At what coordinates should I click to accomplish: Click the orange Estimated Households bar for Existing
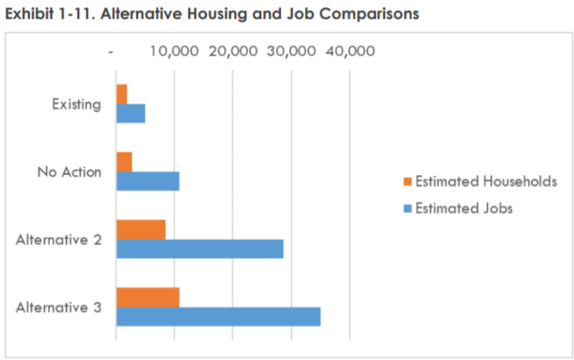click(122, 94)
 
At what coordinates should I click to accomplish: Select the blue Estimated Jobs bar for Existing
click(131, 113)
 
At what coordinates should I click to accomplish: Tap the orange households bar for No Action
click(124, 162)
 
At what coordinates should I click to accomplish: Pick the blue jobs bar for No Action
click(148, 181)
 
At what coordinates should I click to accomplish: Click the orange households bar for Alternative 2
click(140, 229)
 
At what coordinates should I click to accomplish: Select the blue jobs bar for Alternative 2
click(199, 248)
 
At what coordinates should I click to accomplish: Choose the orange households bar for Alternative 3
click(148, 297)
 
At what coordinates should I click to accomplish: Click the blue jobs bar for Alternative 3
click(218, 316)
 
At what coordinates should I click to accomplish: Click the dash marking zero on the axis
click(112, 52)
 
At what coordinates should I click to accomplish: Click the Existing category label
click(76, 104)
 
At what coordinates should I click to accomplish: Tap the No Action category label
click(69, 171)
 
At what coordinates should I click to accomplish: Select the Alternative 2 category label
click(59, 239)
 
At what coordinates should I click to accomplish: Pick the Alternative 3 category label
click(59, 307)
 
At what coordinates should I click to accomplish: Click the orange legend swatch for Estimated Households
click(408, 182)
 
